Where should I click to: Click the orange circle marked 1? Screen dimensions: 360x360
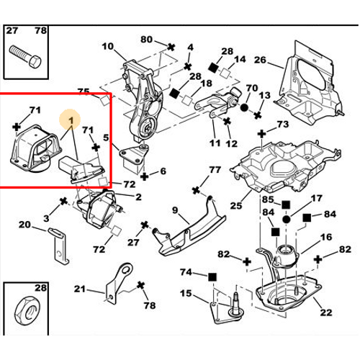71,118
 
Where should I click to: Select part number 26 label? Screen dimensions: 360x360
260,60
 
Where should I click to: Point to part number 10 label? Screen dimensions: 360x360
108,48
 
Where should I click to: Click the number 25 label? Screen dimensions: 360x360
236,207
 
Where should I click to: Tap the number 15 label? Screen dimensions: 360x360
186,293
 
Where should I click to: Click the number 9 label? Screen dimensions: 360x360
174,210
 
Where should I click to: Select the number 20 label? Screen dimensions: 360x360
24,225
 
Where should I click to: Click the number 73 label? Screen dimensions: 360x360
282,125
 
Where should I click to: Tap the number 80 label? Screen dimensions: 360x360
147,39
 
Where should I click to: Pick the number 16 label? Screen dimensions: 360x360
325,237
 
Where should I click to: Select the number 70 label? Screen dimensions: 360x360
251,90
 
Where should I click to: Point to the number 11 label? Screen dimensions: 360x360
215,143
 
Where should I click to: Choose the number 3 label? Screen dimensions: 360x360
45,217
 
